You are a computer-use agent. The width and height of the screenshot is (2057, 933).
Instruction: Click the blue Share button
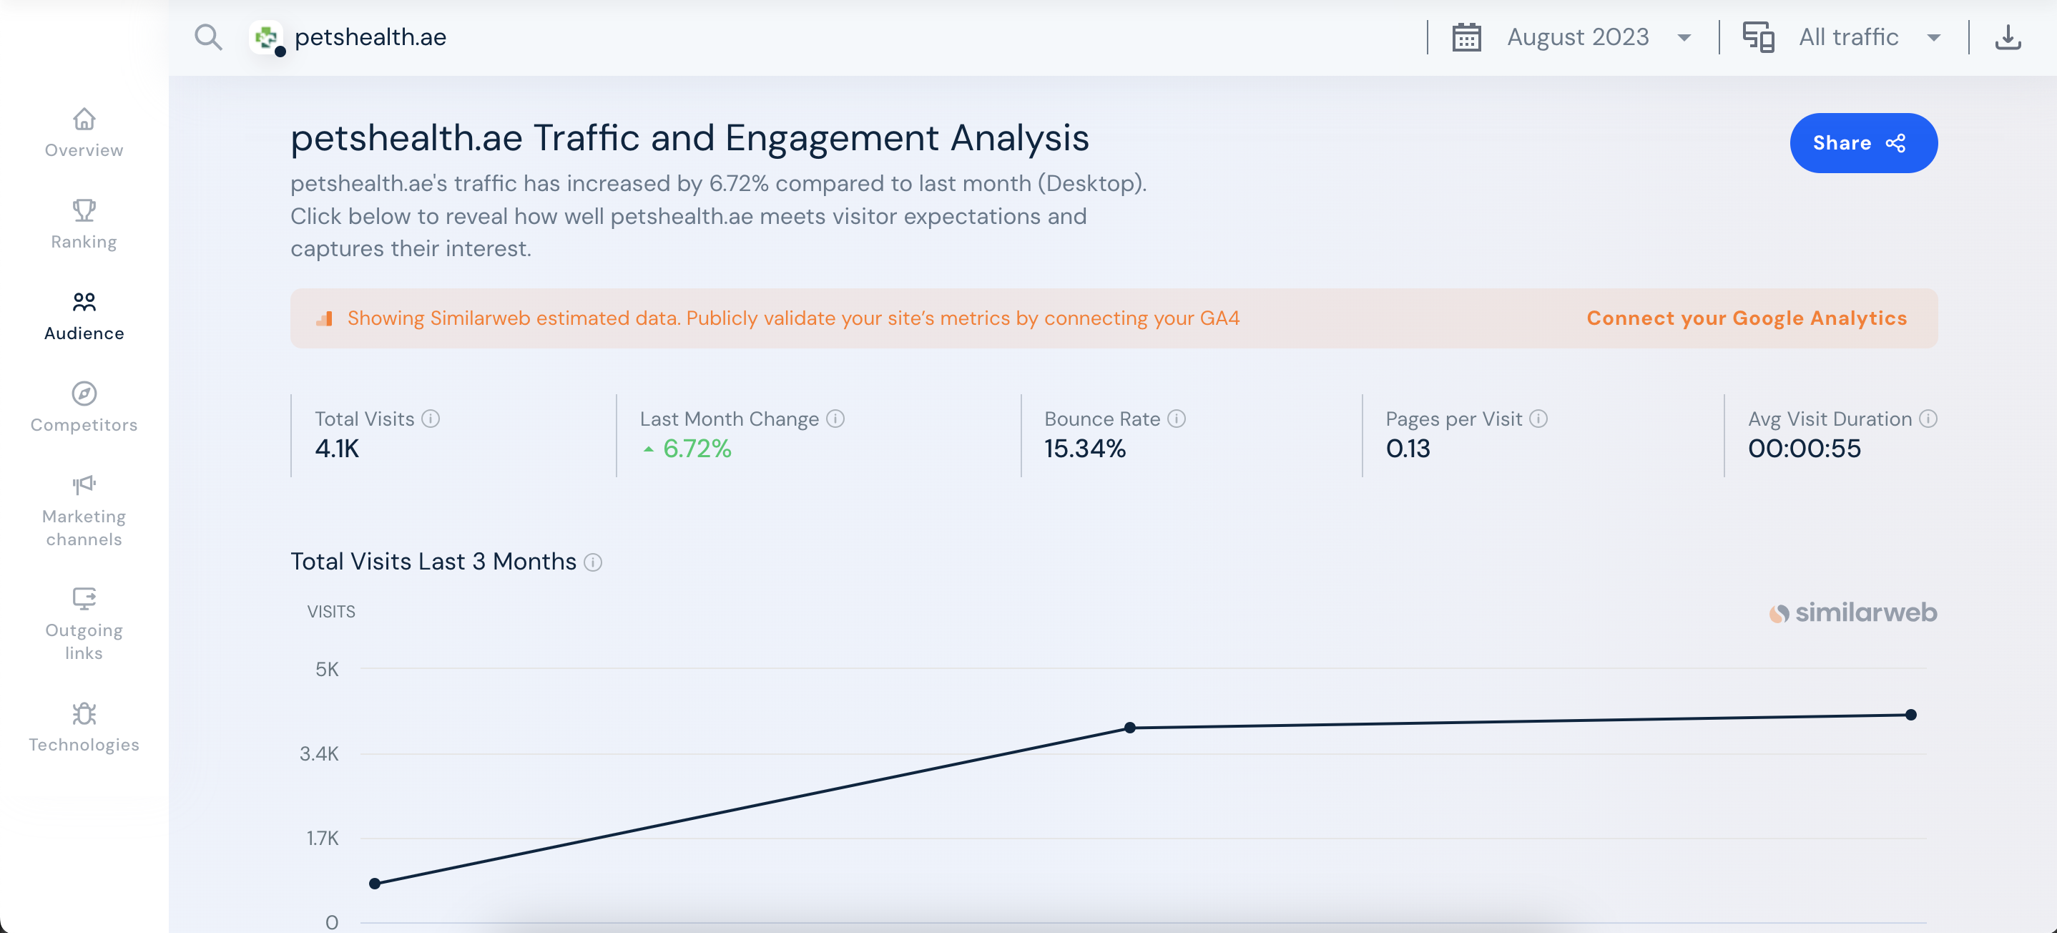pyautogui.click(x=1862, y=143)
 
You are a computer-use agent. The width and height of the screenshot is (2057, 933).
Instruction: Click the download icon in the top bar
pyautogui.click(x=2008, y=37)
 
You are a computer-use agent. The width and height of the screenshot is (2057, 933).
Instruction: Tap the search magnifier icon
pyautogui.click(x=208, y=37)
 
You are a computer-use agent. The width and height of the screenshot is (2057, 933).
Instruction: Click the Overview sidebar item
pyautogui.click(x=84, y=132)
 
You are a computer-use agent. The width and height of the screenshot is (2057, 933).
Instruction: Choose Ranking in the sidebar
pyautogui.click(x=84, y=225)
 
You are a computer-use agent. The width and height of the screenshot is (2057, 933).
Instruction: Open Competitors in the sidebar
pyautogui.click(x=84, y=407)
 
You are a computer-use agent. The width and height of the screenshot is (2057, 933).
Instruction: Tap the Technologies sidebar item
pyautogui.click(x=84, y=727)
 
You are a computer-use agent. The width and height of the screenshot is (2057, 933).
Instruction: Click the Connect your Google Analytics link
pyautogui.click(x=1746, y=318)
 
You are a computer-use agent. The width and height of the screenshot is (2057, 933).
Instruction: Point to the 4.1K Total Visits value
pyautogui.click(x=337, y=449)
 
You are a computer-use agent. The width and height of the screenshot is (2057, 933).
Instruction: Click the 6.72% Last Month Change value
pyautogui.click(x=697, y=449)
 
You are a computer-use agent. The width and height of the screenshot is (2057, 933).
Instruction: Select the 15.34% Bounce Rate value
pyautogui.click(x=1084, y=449)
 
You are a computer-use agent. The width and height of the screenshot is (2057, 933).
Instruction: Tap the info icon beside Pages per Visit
pyautogui.click(x=1538, y=419)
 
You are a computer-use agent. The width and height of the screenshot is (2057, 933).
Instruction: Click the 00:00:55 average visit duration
pyautogui.click(x=1804, y=449)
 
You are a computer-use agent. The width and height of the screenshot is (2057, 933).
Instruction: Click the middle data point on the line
pyautogui.click(x=1130, y=728)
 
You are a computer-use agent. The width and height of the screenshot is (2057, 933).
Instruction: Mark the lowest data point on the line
pyautogui.click(x=375, y=884)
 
